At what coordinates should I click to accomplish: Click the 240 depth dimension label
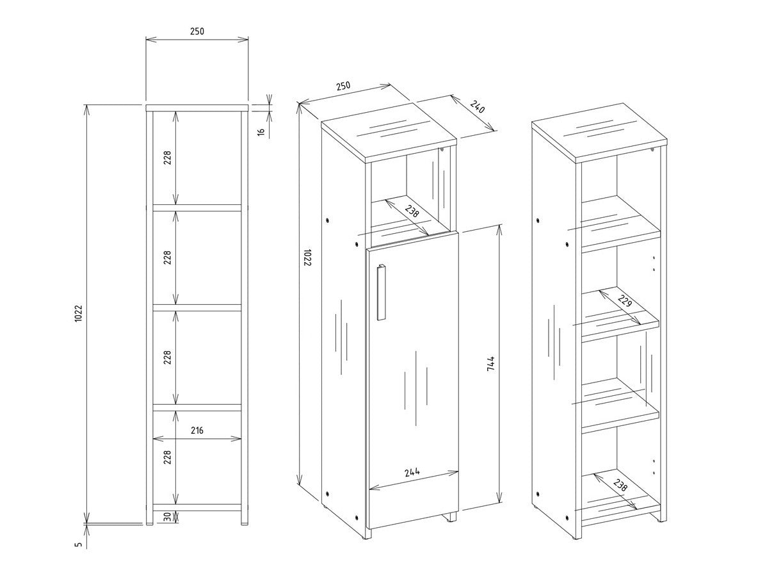click(478, 106)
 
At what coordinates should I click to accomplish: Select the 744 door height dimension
click(490, 363)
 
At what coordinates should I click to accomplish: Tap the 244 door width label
click(412, 473)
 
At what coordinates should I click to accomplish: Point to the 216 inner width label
click(197, 430)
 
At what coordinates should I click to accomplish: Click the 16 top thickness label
click(261, 131)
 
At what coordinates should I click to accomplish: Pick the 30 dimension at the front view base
click(166, 516)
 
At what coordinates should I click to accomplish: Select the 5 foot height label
click(78, 544)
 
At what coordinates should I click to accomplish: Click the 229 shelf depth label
click(625, 301)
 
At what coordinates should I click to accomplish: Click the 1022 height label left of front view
click(78, 312)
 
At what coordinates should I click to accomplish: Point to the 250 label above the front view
click(197, 31)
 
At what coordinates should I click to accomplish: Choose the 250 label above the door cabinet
click(343, 85)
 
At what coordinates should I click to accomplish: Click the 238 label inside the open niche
click(412, 211)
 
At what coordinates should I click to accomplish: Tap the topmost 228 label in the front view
click(166, 158)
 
